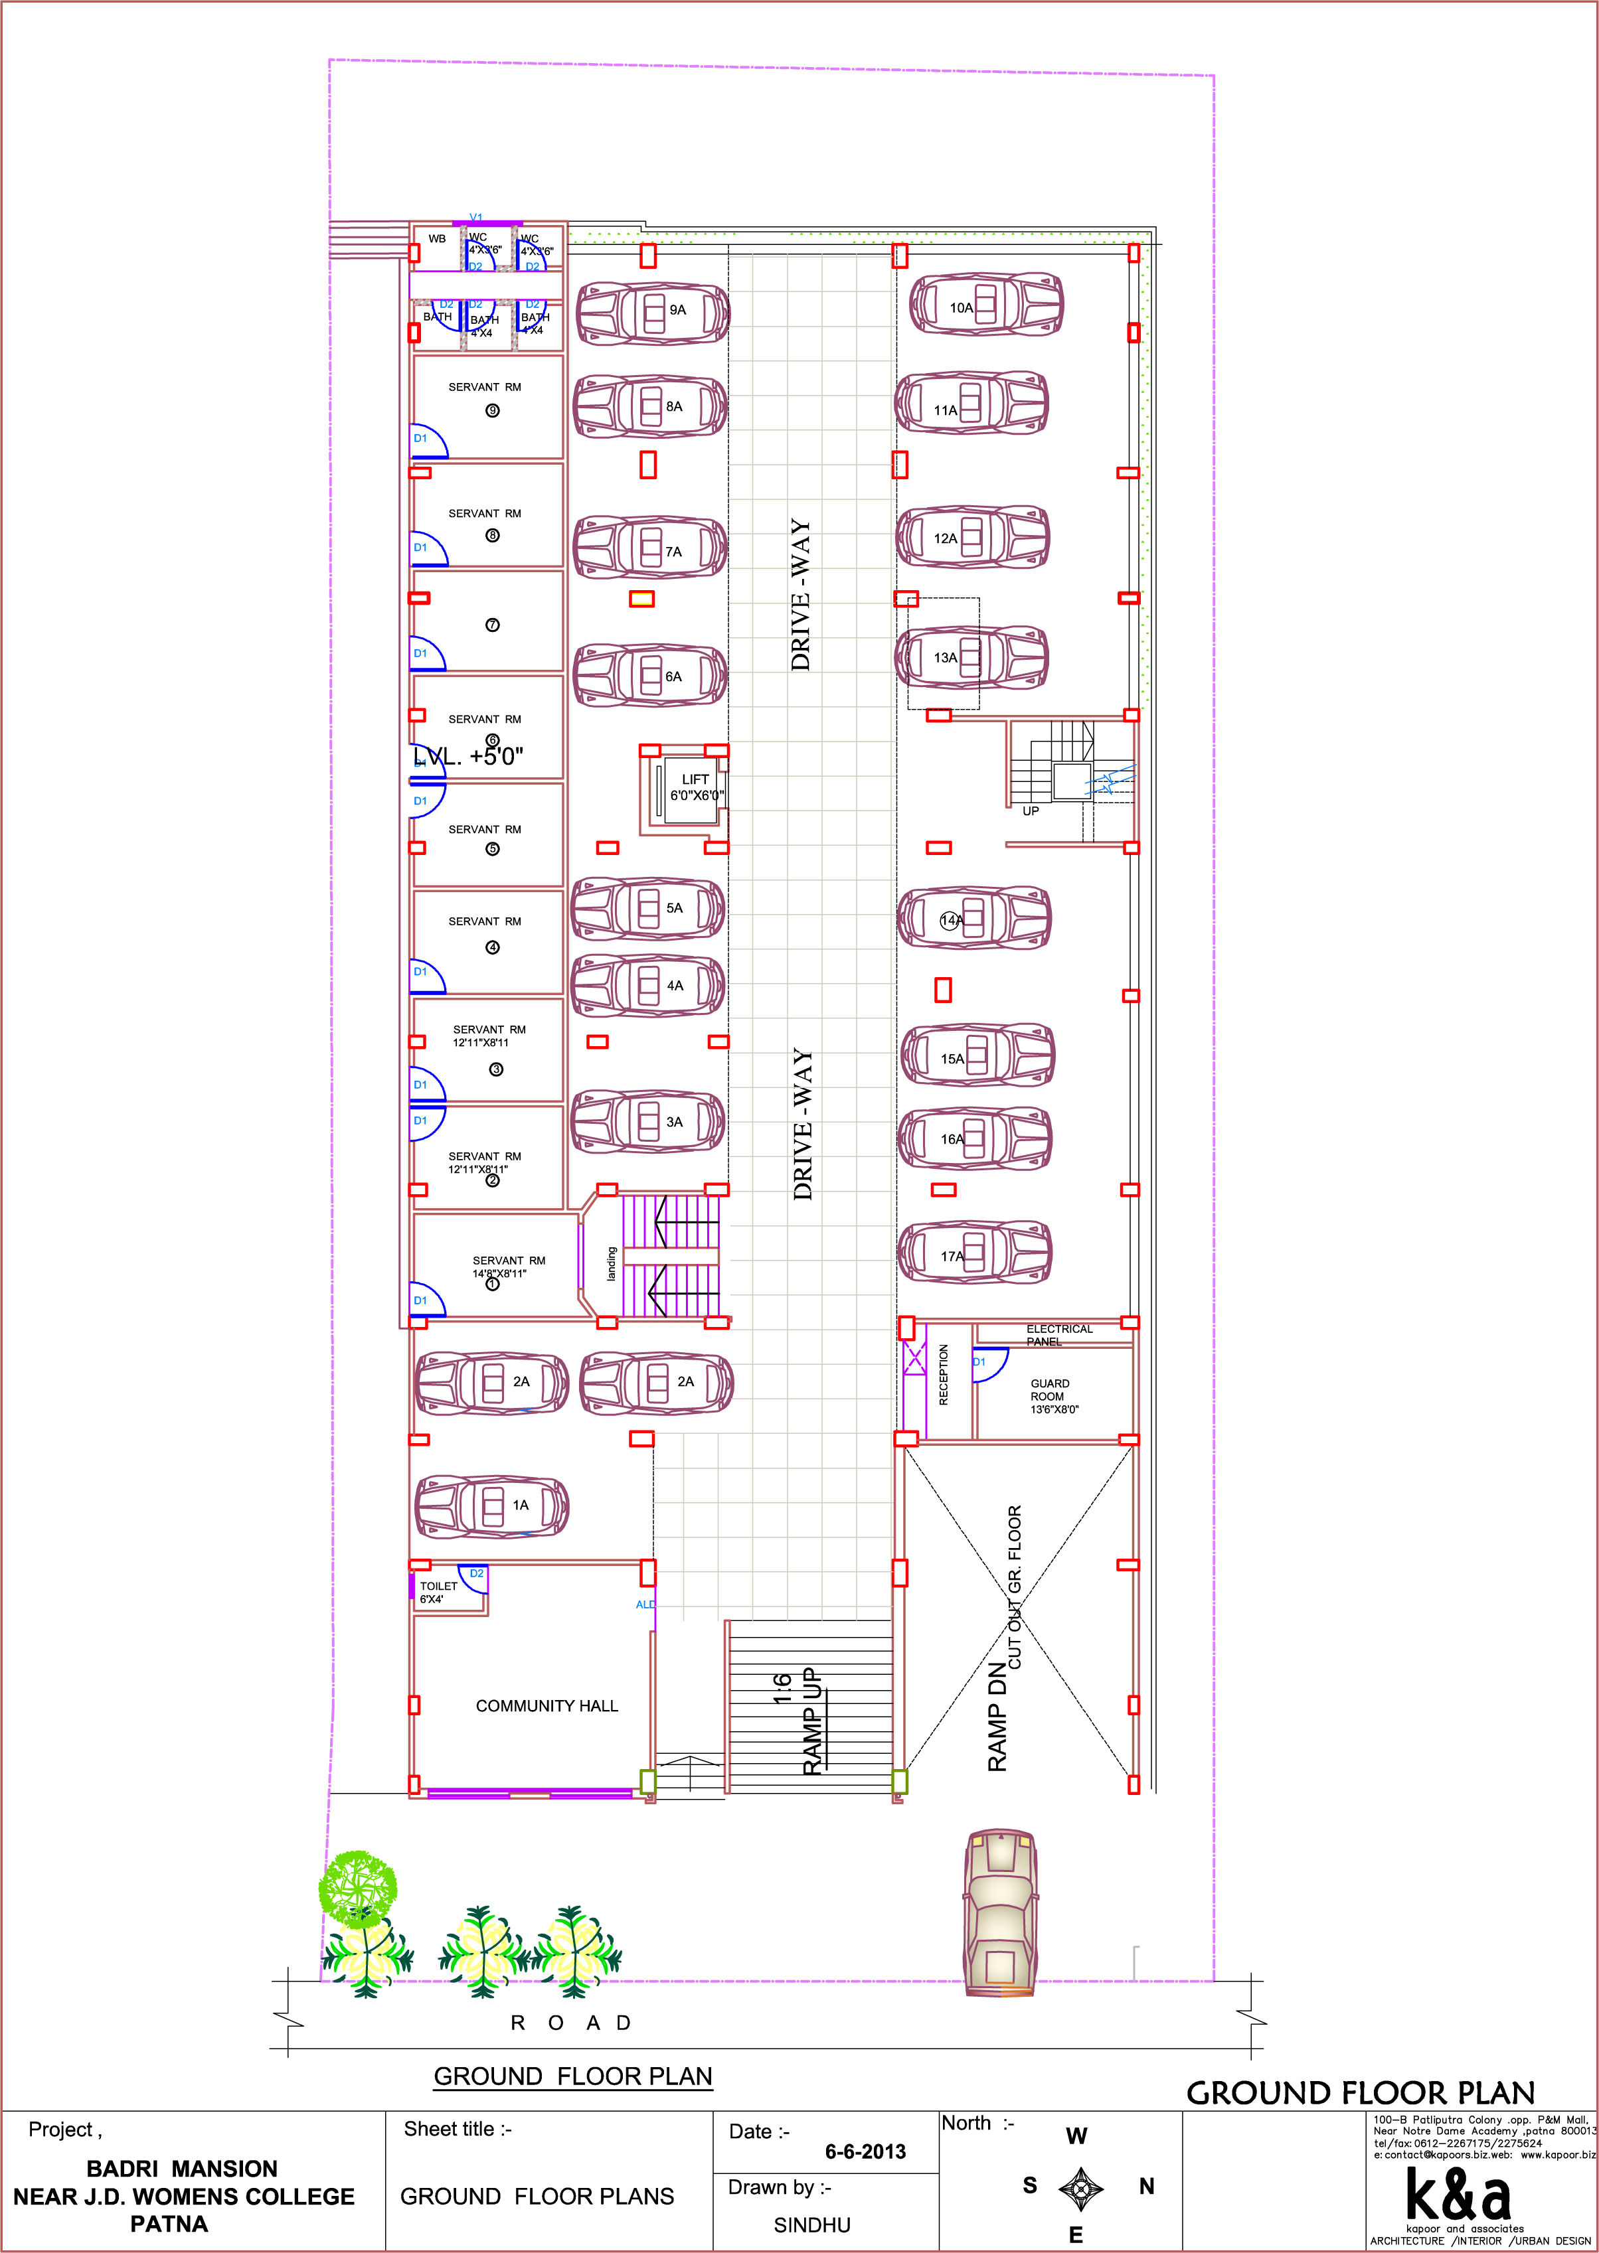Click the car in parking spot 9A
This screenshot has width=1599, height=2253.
click(652, 313)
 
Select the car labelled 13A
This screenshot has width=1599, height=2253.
click(971, 657)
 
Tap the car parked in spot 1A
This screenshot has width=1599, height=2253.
click(492, 1505)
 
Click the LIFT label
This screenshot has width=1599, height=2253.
click(695, 779)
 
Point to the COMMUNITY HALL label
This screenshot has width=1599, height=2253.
click(547, 1706)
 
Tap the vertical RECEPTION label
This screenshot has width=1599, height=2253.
click(943, 1375)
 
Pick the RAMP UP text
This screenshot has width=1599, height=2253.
click(810, 1721)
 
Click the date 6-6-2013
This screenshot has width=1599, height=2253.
click(865, 2151)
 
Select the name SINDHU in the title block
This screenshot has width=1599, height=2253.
click(811, 2224)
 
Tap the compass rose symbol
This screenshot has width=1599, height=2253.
click(1080, 2189)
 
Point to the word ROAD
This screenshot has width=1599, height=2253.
click(570, 2023)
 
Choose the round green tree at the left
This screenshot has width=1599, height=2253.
click(357, 1888)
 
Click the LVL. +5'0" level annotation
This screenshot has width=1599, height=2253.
click(469, 756)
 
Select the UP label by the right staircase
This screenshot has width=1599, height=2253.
click(1030, 811)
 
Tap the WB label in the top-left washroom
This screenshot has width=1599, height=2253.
click(437, 239)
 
